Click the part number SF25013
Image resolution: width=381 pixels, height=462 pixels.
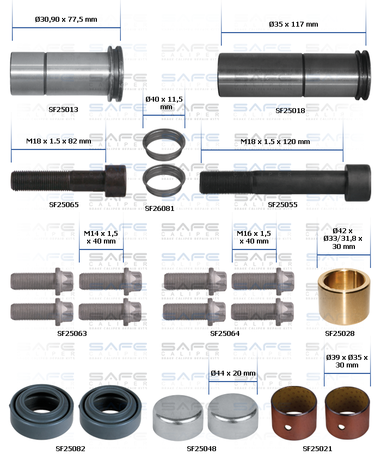(x=63, y=109)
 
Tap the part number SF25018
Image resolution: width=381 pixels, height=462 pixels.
(x=290, y=110)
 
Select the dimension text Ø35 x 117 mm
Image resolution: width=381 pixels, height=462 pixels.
(x=293, y=24)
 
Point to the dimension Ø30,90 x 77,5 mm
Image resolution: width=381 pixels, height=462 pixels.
(x=66, y=20)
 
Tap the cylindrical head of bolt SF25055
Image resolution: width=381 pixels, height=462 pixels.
(x=358, y=182)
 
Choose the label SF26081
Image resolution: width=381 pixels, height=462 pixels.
(x=159, y=208)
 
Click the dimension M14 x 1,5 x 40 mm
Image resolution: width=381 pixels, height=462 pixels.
(x=101, y=237)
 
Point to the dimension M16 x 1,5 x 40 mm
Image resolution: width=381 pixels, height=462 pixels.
(x=254, y=237)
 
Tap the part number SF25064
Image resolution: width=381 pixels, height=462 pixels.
(x=225, y=333)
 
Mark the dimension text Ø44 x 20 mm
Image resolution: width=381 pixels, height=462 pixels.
(x=232, y=373)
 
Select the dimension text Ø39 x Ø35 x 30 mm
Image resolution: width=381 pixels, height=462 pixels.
(x=347, y=361)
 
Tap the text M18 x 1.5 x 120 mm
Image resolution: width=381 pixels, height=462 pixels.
(x=275, y=142)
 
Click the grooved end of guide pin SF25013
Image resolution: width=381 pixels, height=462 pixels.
(x=114, y=73)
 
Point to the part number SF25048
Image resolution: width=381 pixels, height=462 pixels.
(x=201, y=449)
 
